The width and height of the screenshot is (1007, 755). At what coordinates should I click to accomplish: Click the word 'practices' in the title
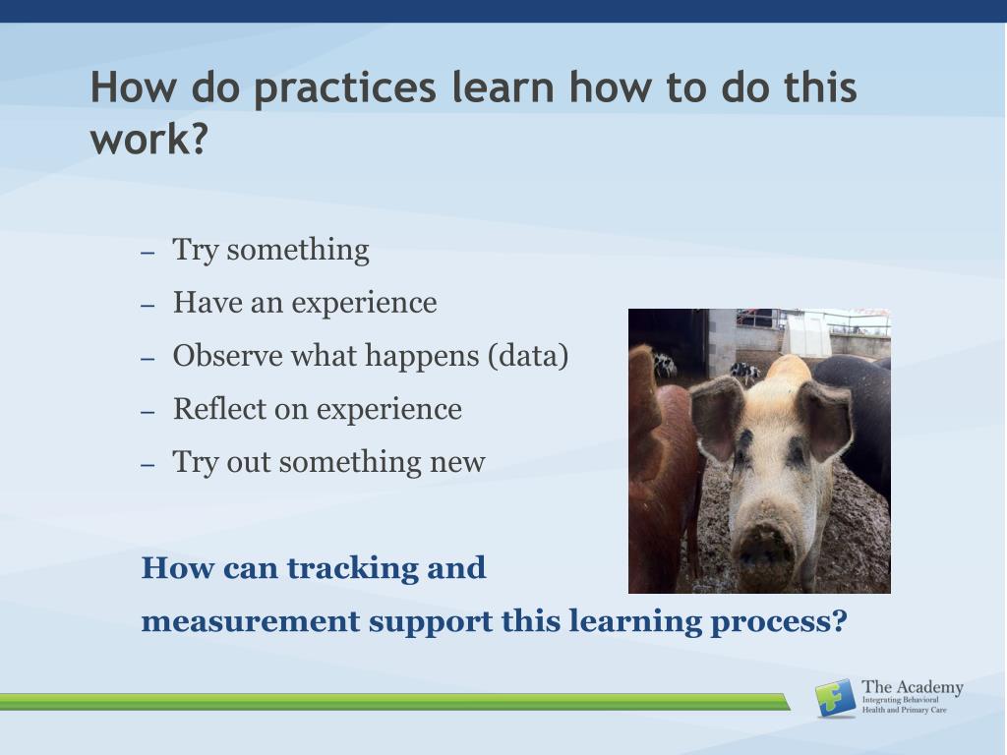coord(345,88)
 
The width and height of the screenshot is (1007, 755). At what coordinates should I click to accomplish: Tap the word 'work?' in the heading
coord(149,139)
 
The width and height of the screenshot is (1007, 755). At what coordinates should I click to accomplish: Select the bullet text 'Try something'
coord(271,251)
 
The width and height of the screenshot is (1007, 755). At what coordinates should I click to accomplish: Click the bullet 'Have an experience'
coord(305,303)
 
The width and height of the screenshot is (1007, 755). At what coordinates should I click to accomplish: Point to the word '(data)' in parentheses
coord(528,356)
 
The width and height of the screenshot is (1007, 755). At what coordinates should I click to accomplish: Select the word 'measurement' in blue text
coord(251,622)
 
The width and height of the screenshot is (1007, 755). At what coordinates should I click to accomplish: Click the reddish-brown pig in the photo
coord(660,475)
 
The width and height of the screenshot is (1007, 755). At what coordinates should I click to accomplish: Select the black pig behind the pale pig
coord(858,417)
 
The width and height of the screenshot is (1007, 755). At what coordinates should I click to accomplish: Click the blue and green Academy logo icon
coord(836,698)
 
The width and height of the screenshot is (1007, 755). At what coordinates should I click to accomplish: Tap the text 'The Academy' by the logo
coord(912,687)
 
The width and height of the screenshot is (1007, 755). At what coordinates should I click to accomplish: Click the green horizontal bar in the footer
coord(395,702)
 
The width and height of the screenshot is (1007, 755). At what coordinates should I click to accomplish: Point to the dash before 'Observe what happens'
coord(148,358)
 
